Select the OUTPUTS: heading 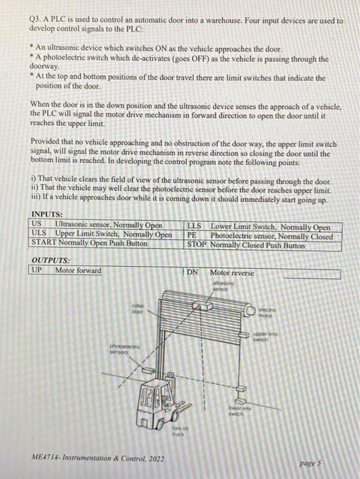51,261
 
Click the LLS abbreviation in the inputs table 194,227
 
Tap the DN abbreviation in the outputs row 193,272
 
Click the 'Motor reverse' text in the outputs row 233,272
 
